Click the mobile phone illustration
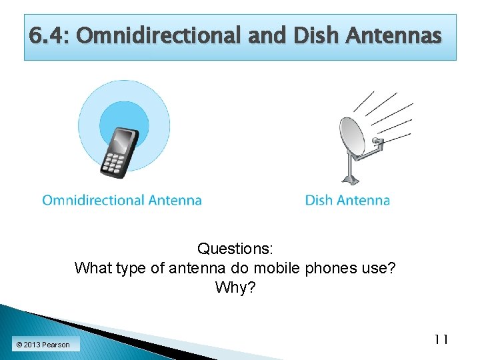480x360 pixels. [x=119, y=153]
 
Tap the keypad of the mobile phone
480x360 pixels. [x=113, y=163]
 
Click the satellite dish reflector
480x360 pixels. [x=352, y=137]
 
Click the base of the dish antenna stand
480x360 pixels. [x=350, y=181]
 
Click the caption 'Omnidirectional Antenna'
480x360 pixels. [x=122, y=200]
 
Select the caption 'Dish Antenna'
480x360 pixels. [x=347, y=200]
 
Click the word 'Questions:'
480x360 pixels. [x=235, y=249]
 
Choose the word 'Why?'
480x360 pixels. [x=235, y=288]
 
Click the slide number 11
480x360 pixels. [x=441, y=340]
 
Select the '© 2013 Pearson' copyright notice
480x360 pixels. [x=43, y=345]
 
